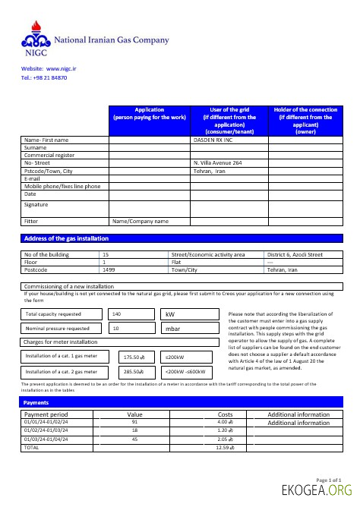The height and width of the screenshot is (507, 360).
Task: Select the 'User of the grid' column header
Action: tap(229, 121)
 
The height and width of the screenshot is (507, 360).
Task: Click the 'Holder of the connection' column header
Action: tap(305, 121)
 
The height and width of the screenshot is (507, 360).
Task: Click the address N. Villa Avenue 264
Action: tap(218, 163)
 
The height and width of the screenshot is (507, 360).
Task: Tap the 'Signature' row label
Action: tap(36, 205)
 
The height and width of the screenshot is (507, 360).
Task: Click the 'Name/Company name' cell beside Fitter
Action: tap(141, 222)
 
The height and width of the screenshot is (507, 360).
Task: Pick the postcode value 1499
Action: tap(109, 269)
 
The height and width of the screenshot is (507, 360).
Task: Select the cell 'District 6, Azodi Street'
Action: tap(295, 255)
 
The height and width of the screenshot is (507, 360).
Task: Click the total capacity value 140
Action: tap(116, 313)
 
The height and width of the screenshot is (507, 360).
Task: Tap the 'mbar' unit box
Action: tap(173, 329)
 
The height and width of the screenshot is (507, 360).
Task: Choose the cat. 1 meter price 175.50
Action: tap(134, 357)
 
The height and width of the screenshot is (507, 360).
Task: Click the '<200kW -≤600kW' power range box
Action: tap(185, 372)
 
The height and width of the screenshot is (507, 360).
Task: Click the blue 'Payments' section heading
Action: tap(36, 402)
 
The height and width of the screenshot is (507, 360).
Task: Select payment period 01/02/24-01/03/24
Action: tap(46, 430)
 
